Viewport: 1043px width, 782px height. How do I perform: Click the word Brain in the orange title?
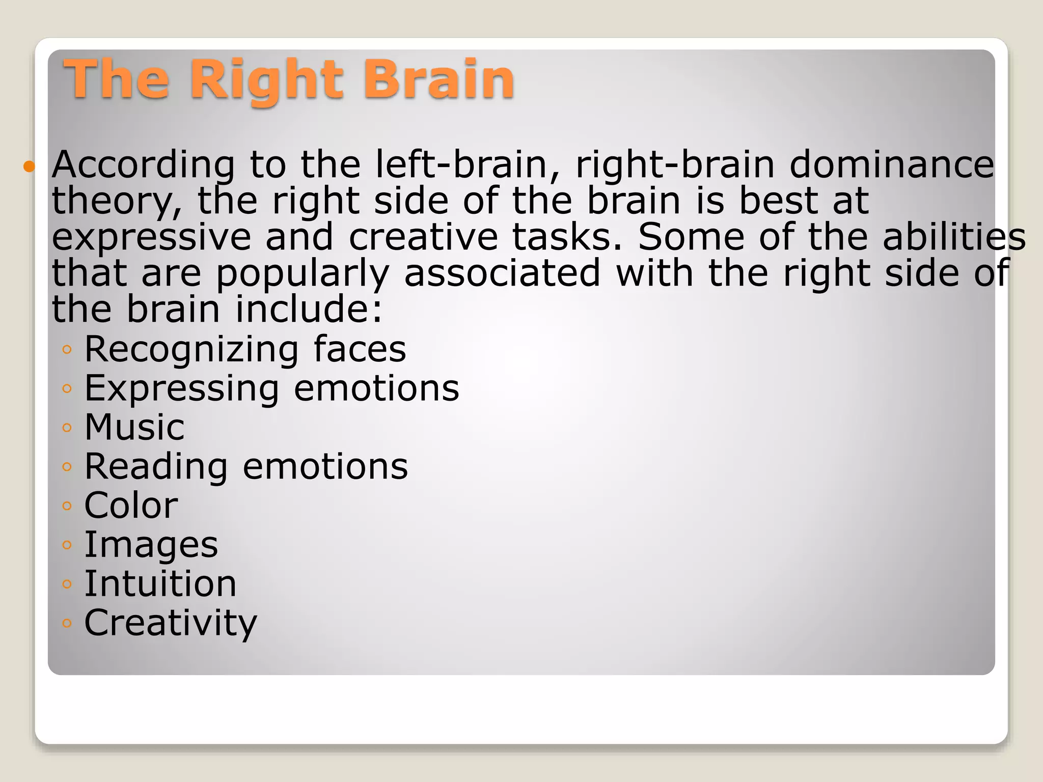[x=438, y=79]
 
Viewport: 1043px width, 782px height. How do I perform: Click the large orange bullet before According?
[x=30, y=166]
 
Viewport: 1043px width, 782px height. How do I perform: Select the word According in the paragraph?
[x=144, y=165]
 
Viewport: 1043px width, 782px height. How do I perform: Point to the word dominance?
[x=892, y=165]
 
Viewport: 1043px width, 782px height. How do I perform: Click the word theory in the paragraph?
[x=117, y=202]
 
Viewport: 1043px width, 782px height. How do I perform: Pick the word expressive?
[x=152, y=238]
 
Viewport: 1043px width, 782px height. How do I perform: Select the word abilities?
[x=954, y=238]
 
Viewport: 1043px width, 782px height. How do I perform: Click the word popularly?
[x=303, y=274]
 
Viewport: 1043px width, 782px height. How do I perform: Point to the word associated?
[x=502, y=273]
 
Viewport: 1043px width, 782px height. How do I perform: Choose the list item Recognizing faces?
[x=245, y=350]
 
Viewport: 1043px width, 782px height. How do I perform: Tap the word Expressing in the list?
[x=181, y=389]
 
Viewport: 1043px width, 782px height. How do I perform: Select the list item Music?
[x=134, y=427]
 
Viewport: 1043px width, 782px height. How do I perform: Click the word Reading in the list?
[x=156, y=467]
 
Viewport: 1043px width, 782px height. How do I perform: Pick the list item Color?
[x=131, y=506]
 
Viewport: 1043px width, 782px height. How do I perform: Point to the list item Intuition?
[x=160, y=583]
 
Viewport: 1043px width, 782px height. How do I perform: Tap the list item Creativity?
[x=171, y=623]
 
